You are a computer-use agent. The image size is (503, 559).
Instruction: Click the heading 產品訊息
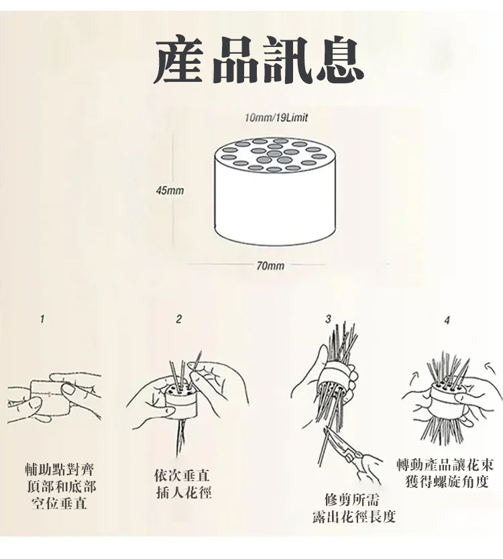(x=259, y=60)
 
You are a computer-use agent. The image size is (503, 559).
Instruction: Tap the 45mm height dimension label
(x=170, y=191)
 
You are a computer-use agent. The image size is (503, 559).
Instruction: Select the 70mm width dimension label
(x=270, y=266)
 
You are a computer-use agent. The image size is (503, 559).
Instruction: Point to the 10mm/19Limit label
(x=276, y=117)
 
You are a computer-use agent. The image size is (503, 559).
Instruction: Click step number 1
(x=42, y=319)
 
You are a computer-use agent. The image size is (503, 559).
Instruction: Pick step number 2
(x=178, y=319)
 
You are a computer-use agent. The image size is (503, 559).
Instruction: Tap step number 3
(x=328, y=318)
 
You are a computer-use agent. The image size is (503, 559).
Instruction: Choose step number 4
(x=447, y=320)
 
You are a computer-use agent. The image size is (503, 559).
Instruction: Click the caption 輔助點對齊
(x=60, y=470)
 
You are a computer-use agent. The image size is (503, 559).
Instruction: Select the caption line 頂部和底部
(x=61, y=487)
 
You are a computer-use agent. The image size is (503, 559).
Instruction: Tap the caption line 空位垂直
(x=59, y=503)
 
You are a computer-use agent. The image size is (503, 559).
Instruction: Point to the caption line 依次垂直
(x=182, y=475)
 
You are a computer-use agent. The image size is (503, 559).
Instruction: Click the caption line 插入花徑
(x=184, y=493)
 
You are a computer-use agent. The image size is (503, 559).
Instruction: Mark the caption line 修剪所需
(x=352, y=499)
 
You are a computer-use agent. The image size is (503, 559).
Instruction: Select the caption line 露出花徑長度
(x=354, y=516)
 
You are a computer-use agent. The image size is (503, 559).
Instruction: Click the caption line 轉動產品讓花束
(x=445, y=465)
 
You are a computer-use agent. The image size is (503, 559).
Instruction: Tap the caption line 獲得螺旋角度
(x=447, y=482)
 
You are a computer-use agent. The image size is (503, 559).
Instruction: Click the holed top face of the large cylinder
(x=274, y=156)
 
